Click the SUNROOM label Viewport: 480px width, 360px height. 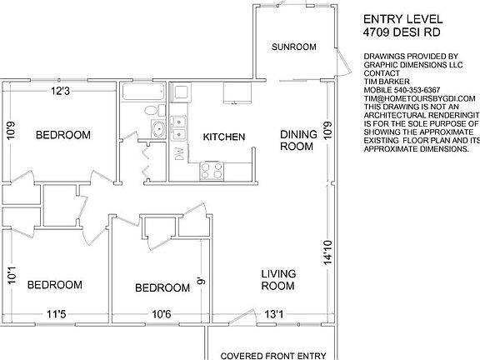coord(294,47)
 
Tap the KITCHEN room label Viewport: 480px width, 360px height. coord(223,136)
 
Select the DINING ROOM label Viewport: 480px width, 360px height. coord(297,140)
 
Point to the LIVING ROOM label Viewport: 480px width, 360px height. coord(278,279)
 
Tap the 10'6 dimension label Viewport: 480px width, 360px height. coord(161,314)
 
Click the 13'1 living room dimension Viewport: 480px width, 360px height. coord(274,314)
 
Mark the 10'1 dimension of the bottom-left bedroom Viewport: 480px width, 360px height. coord(11,274)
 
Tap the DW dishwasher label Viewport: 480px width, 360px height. coord(178,155)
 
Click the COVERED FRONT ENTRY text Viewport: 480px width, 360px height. coord(272,356)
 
